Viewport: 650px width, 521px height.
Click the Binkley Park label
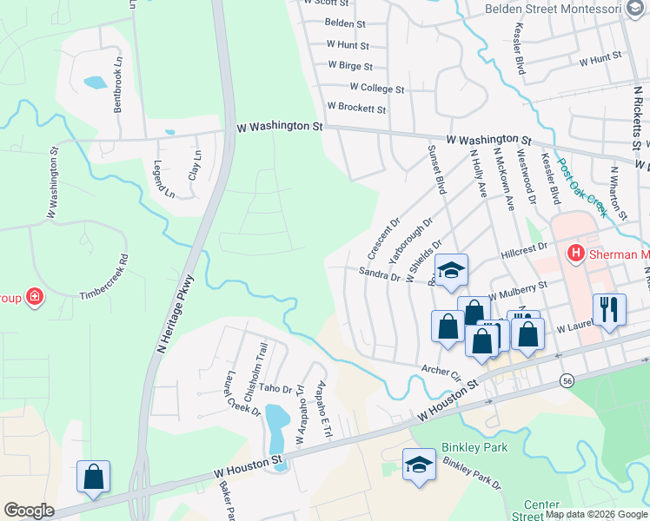tap(474, 446)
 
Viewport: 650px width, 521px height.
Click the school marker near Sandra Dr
tap(451, 271)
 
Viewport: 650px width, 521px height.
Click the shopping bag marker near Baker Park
tap(93, 478)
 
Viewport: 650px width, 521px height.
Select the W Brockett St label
tap(356, 109)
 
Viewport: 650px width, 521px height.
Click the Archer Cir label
tap(441, 373)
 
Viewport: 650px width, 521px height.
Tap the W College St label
tap(377, 89)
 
